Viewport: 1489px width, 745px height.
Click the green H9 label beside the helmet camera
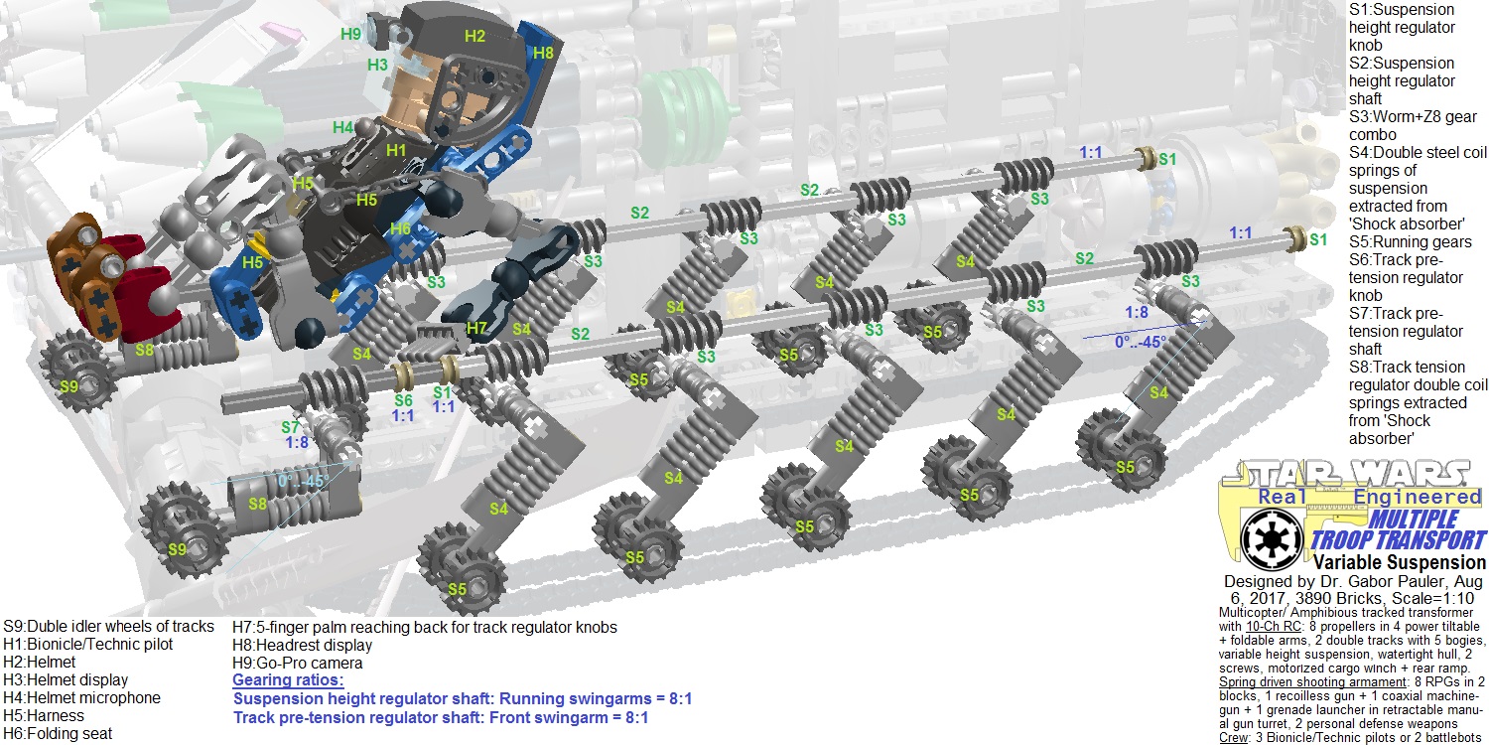[350, 34]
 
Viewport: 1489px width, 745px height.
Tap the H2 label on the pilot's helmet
[474, 36]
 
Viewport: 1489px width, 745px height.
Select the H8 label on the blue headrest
[543, 53]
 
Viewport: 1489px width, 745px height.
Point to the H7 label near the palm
[476, 328]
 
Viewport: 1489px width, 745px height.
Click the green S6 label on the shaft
[402, 400]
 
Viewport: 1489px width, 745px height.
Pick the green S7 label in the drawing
[290, 427]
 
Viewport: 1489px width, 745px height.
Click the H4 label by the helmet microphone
[342, 127]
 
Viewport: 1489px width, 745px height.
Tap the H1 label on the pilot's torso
[396, 150]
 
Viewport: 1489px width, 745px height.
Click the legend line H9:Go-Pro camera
[297, 663]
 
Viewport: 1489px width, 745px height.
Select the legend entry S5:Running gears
[1411, 241]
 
